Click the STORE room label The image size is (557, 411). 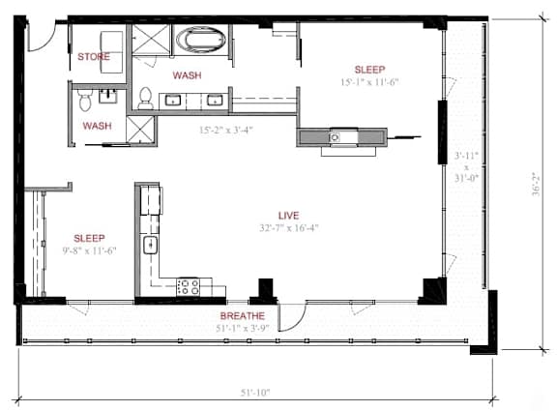[x=94, y=56]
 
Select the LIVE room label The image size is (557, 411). [x=288, y=216]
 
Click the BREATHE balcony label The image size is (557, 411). [x=243, y=316]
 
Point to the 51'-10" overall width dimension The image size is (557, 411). [x=255, y=393]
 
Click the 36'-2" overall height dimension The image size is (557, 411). [x=536, y=184]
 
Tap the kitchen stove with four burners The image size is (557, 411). [x=189, y=286]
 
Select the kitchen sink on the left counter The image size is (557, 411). [x=150, y=245]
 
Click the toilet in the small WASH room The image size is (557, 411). [x=85, y=100]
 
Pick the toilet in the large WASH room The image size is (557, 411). [x=145, y=98]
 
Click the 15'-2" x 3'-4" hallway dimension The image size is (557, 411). [x=226, y=130]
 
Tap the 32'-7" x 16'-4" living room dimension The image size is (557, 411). [x=288, y=227]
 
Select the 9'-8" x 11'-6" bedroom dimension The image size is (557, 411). [x=90, y=250]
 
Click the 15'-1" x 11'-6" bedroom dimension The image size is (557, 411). [x=369, y=82]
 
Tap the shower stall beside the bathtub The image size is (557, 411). [x=151, y=39]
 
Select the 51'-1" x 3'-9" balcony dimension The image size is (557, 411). [x=243, y=328]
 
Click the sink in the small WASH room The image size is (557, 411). [x=107, y=97]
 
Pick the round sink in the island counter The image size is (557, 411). [x=335, y=137]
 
